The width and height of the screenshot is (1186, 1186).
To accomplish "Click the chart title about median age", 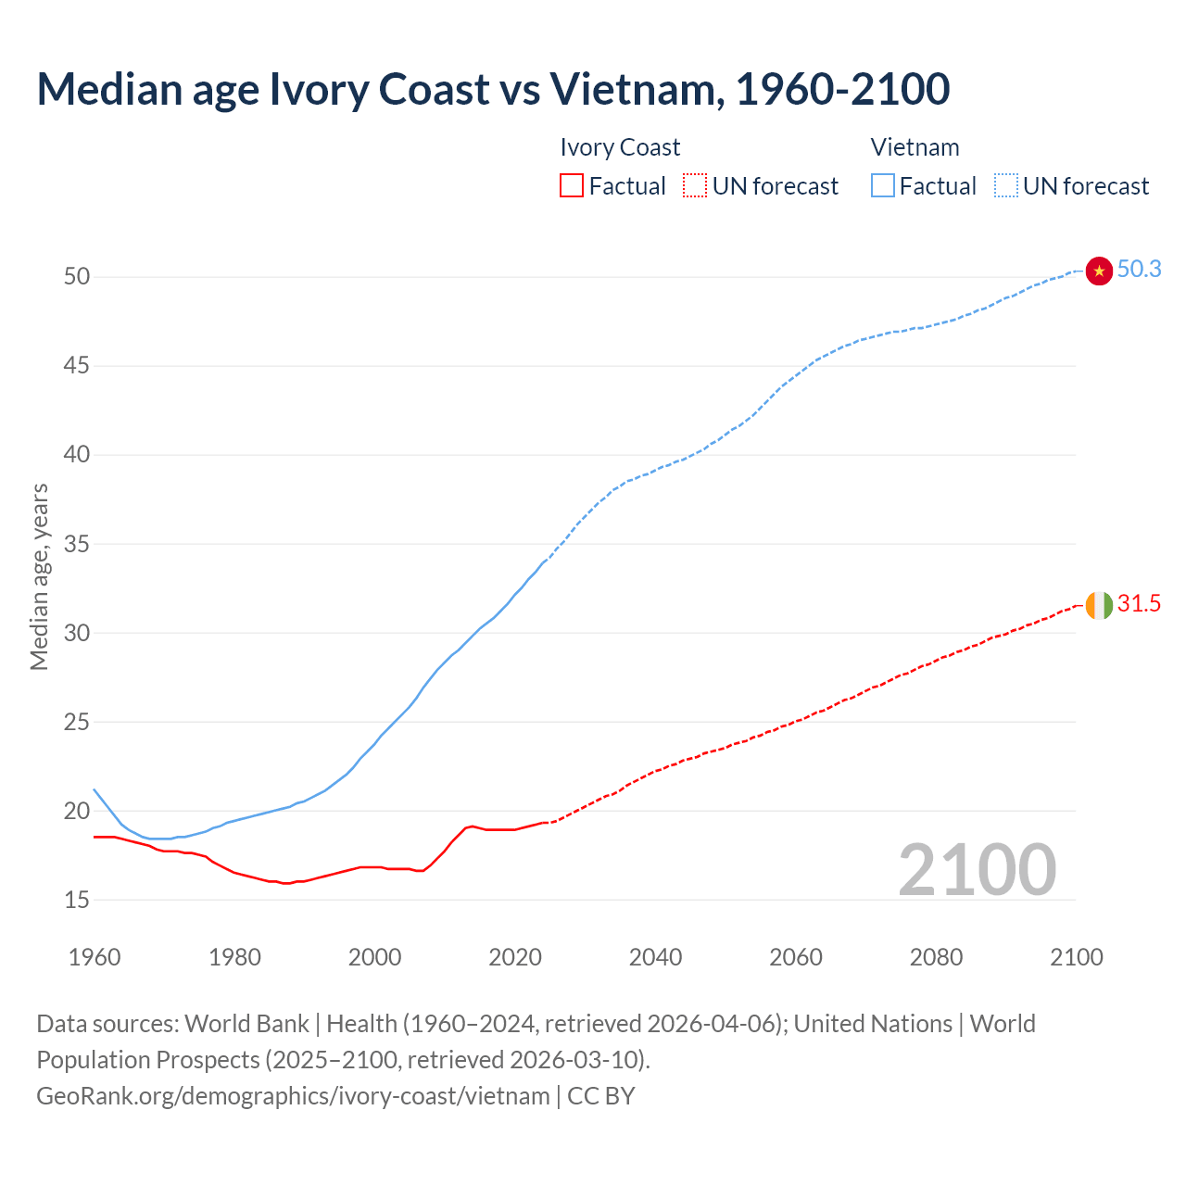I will [x=493, y=89].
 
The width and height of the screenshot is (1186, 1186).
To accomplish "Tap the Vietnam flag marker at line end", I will [x=1098, y=271].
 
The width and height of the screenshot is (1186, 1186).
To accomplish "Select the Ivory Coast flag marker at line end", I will [x=1098, y=605].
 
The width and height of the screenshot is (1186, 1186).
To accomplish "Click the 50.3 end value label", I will [x=1139, y=270].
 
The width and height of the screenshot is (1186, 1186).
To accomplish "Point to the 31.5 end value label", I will [x=1139, y=604].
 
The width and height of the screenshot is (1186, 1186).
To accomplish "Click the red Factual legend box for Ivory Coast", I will [x=572, y=186].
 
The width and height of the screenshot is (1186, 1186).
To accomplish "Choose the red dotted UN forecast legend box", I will [x=695, y=186].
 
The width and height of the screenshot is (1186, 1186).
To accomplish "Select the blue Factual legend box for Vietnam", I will [x=883, y=186].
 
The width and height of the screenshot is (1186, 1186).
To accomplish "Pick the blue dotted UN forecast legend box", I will [x=1006, y=186].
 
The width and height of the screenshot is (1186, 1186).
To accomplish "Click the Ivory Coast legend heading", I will [x=620, y=147].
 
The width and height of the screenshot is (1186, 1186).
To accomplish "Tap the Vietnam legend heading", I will [x=915, y=147].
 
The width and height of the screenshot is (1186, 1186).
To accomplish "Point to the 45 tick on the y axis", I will [x=77, y=366].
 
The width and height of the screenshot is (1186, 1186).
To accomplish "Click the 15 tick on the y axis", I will [x=77, y=900].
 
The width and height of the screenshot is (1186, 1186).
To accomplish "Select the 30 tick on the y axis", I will [x=77, y=633].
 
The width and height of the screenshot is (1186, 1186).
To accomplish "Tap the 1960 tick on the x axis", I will [x=95, y=957].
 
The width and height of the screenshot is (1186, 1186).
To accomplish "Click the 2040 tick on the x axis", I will [x=655, y=957].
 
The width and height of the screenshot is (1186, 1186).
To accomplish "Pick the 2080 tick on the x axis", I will [x=936, y=957].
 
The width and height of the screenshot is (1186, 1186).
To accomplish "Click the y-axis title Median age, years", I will [x=39, y=576].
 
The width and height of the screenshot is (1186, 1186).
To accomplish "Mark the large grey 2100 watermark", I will [x=977, y=870].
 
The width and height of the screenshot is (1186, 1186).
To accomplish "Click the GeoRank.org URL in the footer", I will [x=293, y=1096].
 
